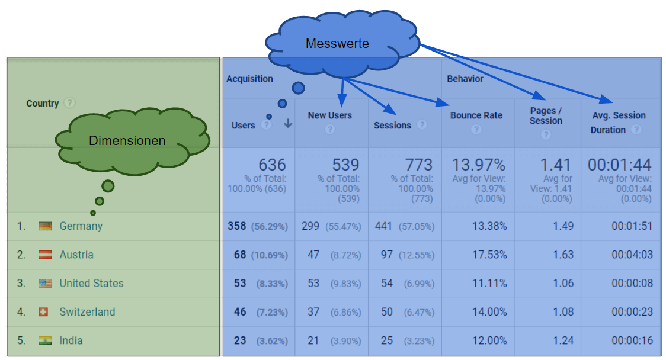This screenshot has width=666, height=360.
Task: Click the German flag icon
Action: (x=45, y=226)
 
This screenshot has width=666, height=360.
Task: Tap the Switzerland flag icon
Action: (x=43, y=312)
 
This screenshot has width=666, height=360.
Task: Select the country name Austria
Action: (x=76, y=255)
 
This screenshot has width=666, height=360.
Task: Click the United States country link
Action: (x=91, y=283)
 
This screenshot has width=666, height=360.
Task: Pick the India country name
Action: (x=71, y=340)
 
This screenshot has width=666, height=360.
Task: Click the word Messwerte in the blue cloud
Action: (x=337, y=44)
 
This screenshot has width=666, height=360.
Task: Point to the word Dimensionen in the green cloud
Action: (x=127, y=140)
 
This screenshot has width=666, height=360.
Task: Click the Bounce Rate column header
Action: (x=476, y=115)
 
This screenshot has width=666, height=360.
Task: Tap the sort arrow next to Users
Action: (x=288, y=124)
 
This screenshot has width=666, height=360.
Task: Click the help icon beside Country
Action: (x=70, y=103)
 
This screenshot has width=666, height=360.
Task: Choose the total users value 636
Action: (x=272, y=165)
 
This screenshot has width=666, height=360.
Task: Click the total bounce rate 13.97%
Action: (x=479, y=165)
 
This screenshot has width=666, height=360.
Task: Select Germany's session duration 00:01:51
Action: (x=632, y=226)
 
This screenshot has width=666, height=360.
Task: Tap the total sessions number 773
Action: (x=418, y=165)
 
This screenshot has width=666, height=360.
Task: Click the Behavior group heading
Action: (x=465, y=79)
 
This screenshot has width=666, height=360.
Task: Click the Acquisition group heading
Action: (x=249, y=79)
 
